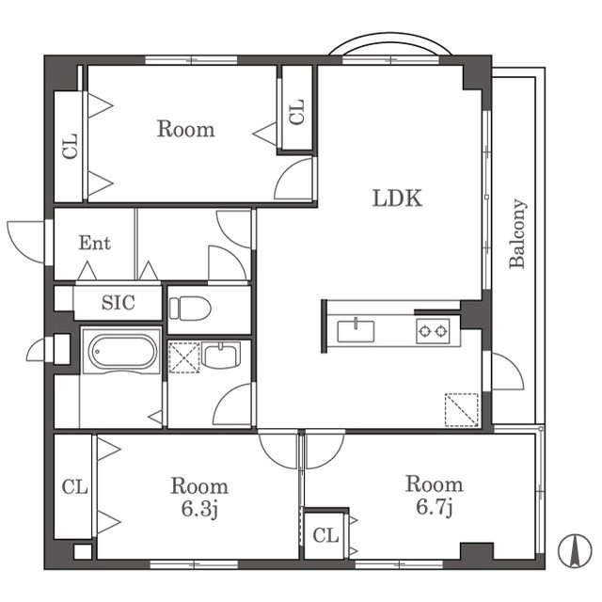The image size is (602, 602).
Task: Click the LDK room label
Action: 397,198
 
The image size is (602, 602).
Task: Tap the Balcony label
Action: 517,233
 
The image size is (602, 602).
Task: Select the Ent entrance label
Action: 94,243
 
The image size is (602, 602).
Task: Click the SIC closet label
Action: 119,303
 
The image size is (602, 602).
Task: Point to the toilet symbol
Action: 190,309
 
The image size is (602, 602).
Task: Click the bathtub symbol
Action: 122,351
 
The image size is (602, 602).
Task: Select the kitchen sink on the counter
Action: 356,330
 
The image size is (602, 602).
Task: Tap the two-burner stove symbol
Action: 433,330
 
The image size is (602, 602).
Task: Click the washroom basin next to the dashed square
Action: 221,356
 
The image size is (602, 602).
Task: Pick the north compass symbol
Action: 575,551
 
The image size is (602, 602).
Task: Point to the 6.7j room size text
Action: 435,507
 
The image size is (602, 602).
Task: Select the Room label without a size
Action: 186,129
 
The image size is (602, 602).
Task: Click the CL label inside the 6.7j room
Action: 325,535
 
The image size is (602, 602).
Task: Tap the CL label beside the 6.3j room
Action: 75,487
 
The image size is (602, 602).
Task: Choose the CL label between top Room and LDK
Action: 297,112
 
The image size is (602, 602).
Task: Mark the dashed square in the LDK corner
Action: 462,410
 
